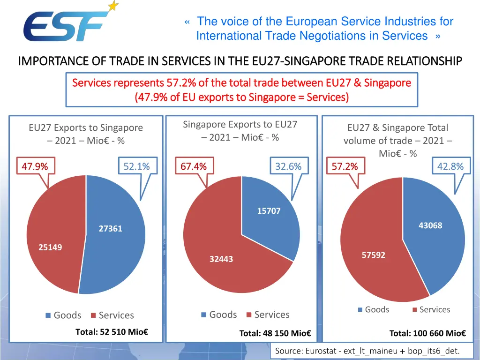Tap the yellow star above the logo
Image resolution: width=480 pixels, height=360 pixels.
pos(113,6)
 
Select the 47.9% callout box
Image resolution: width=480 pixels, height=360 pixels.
pos(35,166)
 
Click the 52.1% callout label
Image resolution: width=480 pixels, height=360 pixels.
pos(136,166)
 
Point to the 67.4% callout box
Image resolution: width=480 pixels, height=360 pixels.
pos(194,166)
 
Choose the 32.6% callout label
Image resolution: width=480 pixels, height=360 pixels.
pos(288,166)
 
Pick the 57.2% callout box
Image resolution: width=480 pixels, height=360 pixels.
pos(345,166)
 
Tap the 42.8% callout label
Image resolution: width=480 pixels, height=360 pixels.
pos(450,166)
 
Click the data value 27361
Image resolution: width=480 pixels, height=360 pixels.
pos(111,229)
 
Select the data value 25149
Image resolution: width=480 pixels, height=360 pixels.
pos(50,247)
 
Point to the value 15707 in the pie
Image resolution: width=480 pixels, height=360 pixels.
pos(269,211)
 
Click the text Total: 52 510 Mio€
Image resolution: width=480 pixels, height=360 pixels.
pos(112,332)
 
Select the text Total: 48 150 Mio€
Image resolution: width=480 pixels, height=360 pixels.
pos(275,333)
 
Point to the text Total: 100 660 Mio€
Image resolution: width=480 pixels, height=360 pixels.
pos(427,333)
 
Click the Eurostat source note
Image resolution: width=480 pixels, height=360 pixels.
pos(367,351)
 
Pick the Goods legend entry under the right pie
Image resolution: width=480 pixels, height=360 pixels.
pos(374,309)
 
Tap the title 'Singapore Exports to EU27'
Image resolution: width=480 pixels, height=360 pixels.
pos(240,124)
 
